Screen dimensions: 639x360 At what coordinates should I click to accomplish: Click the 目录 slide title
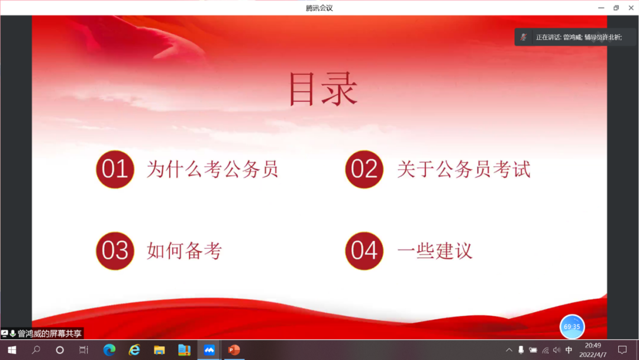click(x=323, y=89)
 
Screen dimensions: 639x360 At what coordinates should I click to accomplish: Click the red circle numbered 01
click(x=115, y=169)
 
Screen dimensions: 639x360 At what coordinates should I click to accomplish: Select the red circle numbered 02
click(x=364, y=169)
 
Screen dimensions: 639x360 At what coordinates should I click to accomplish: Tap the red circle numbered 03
click(x=115, y=250)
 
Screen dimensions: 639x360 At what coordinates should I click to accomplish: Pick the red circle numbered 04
click(x=364, y=250)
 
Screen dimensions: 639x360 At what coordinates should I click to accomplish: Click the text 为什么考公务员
click(x=212, y=169)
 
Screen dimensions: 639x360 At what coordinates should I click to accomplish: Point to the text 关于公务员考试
click(x=464, y=169)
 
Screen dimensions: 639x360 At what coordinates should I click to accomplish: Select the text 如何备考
click(x=185, y=250)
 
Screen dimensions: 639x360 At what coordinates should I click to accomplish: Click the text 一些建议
click(x=435, y=250)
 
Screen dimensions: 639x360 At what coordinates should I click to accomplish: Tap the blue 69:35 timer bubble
click(x=572, y=327)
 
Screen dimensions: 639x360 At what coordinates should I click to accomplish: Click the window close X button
click(x=631, y=8)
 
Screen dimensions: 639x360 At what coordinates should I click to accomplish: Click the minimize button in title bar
click(x=601, y=8)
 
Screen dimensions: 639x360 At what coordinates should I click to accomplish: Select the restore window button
click(x=616, y=8)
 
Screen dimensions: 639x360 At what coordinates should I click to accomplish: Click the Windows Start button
click(x=12, y=350)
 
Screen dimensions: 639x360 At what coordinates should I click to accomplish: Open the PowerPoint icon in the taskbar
click(x=234, y=350)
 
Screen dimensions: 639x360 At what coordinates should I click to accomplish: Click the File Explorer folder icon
click(x=159, y=350)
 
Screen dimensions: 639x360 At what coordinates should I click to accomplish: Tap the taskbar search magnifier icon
click(x=36, y=350)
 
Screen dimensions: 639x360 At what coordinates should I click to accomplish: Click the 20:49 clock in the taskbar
click(x=593, y=346)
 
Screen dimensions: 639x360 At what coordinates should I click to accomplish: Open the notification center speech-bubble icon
click(x=622, y=350)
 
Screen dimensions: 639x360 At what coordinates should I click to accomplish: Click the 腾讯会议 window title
click(x=319, y=8)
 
